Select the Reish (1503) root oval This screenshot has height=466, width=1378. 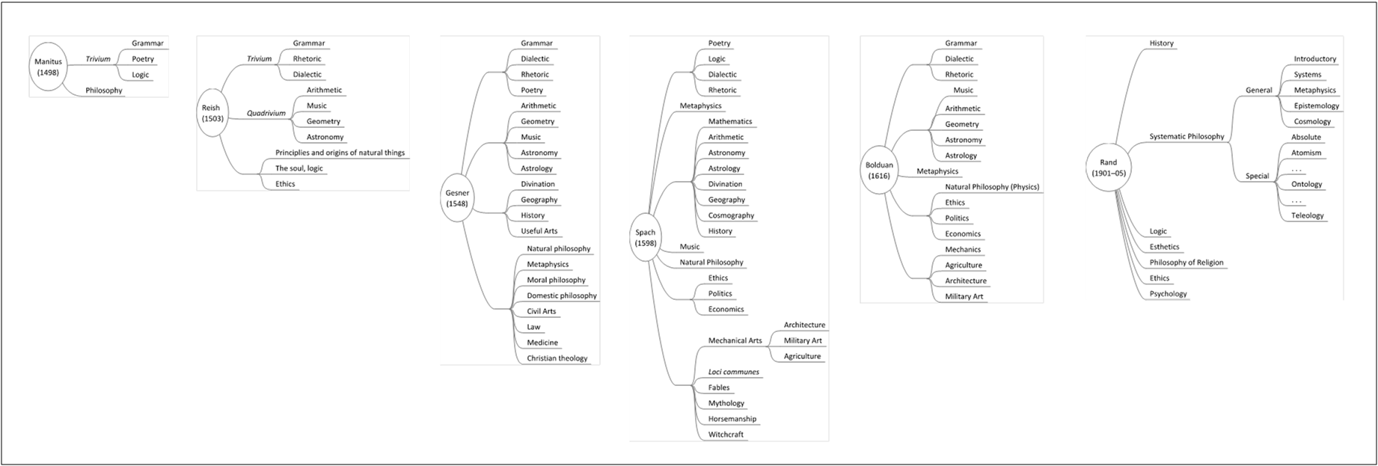211,114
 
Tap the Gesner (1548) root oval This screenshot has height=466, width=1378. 457,198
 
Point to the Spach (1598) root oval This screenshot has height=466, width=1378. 645,238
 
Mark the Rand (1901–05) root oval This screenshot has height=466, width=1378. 1108,168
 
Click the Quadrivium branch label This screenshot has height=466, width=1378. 266,114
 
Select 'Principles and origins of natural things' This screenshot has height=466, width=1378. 340,153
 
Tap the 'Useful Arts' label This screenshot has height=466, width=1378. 539,231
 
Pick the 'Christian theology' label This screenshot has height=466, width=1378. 557,358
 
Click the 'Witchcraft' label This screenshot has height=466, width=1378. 726,435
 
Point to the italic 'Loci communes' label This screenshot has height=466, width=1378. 733,372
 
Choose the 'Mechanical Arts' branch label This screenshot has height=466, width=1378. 735,340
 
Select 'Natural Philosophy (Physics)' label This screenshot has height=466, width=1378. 992,187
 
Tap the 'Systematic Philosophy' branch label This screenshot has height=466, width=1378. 1186,137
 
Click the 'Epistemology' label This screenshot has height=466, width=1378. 1317,106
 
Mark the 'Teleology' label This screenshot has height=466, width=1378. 1307,215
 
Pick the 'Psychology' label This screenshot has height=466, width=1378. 1168,294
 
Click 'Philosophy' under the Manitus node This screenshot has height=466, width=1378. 103,91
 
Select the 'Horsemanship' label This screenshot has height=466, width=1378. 732,419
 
